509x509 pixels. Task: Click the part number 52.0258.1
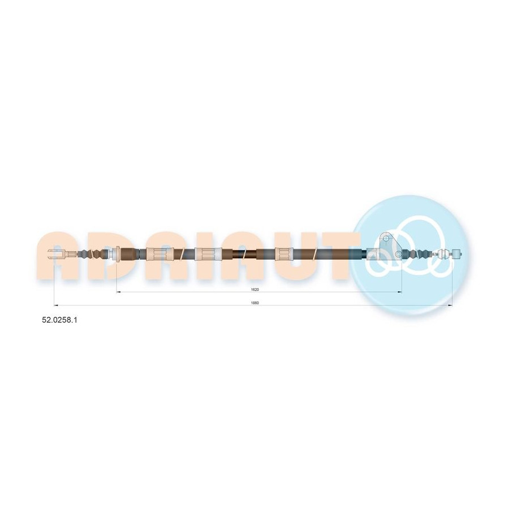60,320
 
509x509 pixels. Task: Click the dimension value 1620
255,289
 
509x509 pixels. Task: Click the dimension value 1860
255,303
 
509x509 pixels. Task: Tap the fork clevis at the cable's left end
58,253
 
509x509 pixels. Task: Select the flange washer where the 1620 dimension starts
117,253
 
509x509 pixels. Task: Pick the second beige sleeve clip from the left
208,253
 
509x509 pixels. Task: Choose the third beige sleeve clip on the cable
284,253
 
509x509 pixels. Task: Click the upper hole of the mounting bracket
386,239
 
